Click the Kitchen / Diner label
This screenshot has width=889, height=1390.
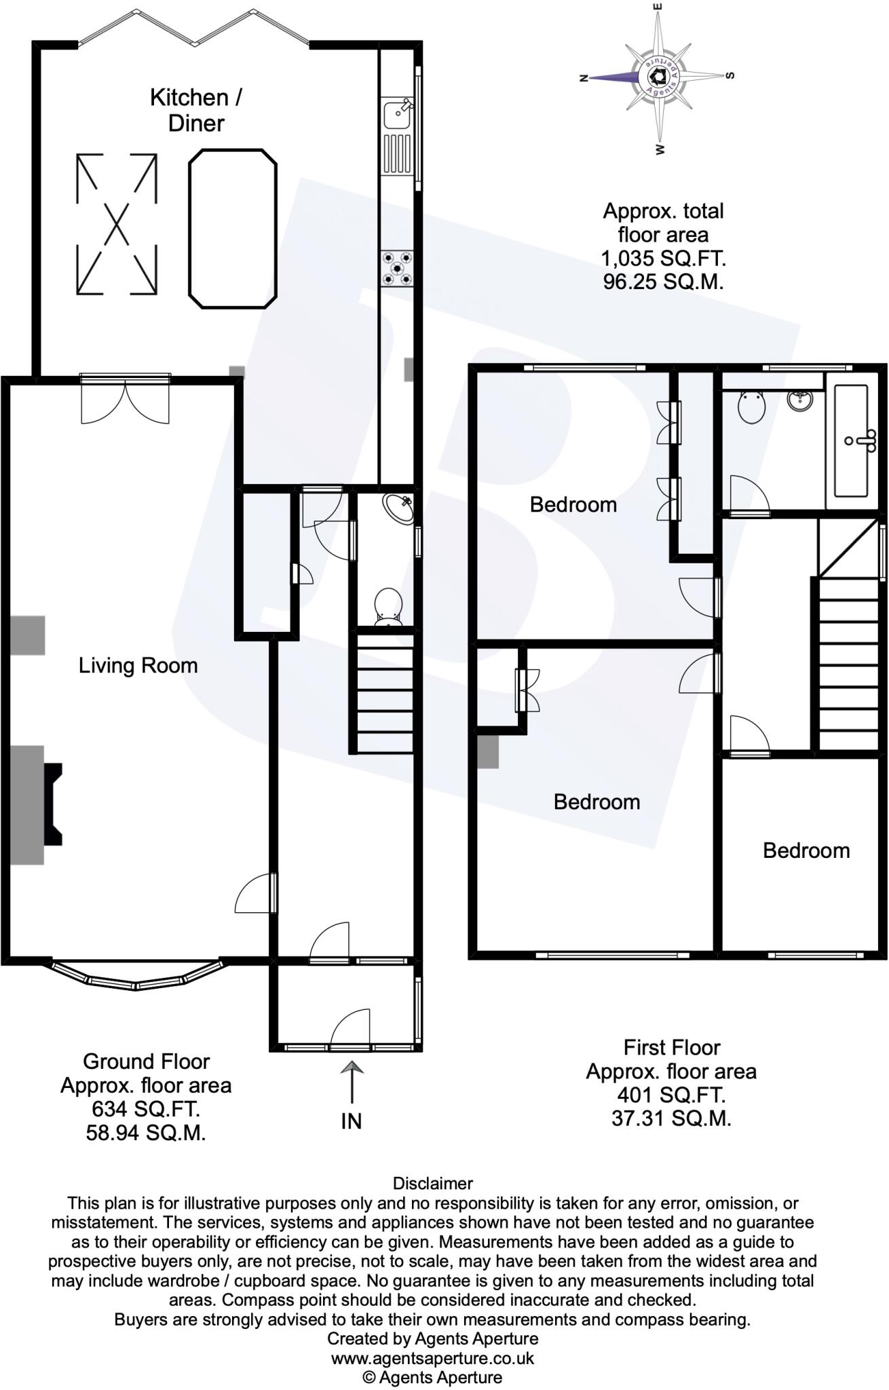click(x=195, y=110)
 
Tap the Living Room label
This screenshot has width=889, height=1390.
click(x=138, y=665)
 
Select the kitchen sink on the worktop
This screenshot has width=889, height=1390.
click(x=396, y=114)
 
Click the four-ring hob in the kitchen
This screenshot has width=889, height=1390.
click(x=397, y=267)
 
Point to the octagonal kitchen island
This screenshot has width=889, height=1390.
click(x=233, y=229)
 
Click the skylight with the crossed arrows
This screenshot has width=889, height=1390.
click(x=116, y=224)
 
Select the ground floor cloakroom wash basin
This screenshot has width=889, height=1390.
click(x=398, y=508)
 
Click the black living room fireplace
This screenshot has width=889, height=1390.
click(x=53, y=804)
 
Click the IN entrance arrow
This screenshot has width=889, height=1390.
click(x=352, y=1083)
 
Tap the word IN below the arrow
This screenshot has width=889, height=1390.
click(x=352, y=1121)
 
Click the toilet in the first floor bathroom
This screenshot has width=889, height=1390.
click(x=751, y=407)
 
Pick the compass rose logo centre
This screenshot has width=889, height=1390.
click(x=656, y=76)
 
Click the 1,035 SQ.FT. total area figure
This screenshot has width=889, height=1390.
click(x=663, y=258)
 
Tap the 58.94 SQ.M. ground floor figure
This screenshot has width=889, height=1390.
click(x=146, y=1133)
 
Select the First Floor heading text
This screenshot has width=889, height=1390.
click(x=671, y=1047)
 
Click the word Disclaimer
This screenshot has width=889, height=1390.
click(x=433, y=1184)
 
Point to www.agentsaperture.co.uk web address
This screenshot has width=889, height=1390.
click(x=433, y=1358)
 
